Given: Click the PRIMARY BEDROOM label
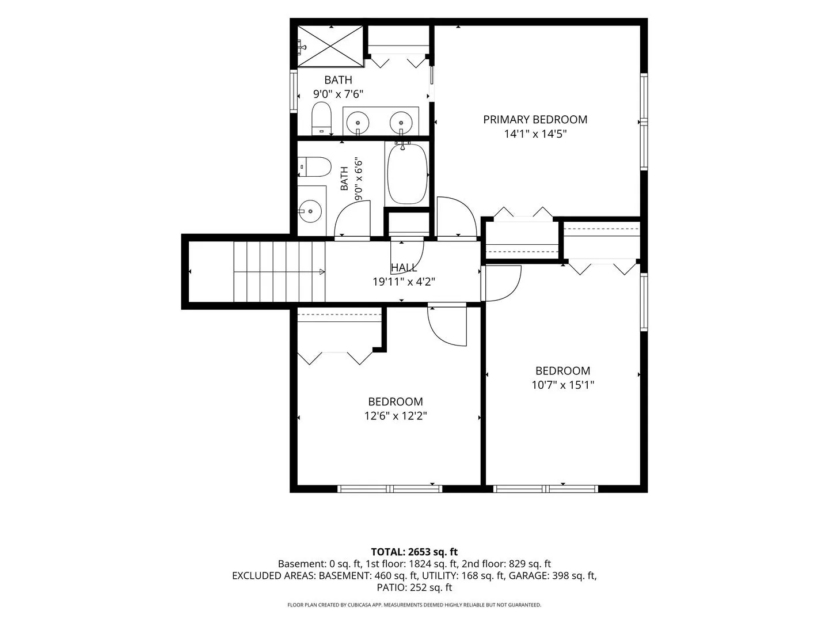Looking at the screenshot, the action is pyautogui.click(x=535, y=120).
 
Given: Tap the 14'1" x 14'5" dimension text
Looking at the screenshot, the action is pyautogui.click(x=535, y=134).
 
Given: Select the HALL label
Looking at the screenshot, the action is pyautogui.click(x=404, y=268).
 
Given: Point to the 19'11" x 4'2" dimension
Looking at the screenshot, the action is pyautogui.click(x=404, y=282).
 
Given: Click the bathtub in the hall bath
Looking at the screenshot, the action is pyautogui.click(x=408, y=174).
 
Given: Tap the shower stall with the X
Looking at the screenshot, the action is pyautogui.click(x=330, y=46).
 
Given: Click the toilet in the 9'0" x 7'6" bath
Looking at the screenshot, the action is pyautogui.click(x=321, y=118).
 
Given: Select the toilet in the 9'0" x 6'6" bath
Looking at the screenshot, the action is pyautogui.click(x=314, y=167).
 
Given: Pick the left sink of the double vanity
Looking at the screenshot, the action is pyautogui.click(x=358, y=122).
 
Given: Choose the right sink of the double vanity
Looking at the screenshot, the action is pyautogui.click(x=401, y=122).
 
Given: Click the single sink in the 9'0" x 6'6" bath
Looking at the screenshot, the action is pyautogui.click(x=310, y=211).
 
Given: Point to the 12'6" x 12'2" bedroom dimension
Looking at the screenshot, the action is pyautogui.click(x=396, y=416).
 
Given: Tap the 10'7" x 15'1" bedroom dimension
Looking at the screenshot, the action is pyautogui.click(x=562, y=385).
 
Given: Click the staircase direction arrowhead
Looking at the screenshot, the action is pyautogui.click(x=322, y=271).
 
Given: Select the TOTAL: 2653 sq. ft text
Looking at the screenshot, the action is pyautogui.click(x=414, y=552).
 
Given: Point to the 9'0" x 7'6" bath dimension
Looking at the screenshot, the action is pyautogui.click(x=338, y=94).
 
